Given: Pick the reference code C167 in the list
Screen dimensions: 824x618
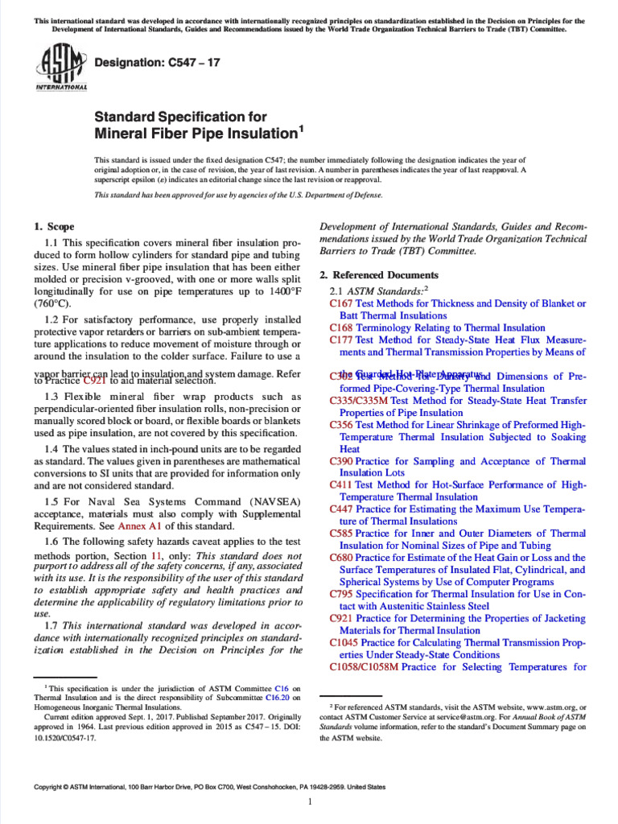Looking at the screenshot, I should coord(341,304).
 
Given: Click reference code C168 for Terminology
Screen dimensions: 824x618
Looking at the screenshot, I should coord(341,328).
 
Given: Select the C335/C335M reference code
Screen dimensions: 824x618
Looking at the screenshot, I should coord(359,401).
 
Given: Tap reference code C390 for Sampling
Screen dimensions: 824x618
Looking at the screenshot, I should coord(341,461).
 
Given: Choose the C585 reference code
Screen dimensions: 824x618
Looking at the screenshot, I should coord(341,534).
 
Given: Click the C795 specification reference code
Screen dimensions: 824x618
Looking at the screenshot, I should coord(341,594).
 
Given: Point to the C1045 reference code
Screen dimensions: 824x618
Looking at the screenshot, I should coord(344,643).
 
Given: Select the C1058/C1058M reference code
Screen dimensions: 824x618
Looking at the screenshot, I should coord(364,667).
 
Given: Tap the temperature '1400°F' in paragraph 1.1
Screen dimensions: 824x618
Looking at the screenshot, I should coord(278,292).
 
